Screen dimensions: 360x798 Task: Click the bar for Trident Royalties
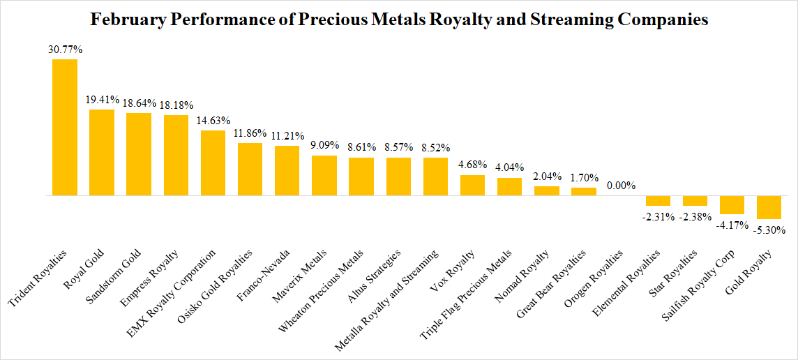pyautogui.click(x=65, y=127)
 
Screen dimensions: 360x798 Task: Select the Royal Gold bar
pyautogui.click(x=102, y=152)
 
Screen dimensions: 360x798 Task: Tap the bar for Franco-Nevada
pyautogui.click(x=287, y=170)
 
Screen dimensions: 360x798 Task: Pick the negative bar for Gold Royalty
pyautogui.click(x=769, y=207)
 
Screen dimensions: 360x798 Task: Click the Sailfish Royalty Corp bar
pyautogui.click(x=732, y=205)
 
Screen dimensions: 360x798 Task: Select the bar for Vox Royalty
pyautogui.click(x=472, y=186)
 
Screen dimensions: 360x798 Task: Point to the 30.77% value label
pyautogui.click(x=65, y=50)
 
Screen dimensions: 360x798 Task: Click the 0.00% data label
pyautogui.click(x=621, y=186)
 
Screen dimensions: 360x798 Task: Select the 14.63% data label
pyautogui.click(x=213, y=121)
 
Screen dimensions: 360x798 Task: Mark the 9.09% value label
pyautogui.click(x=324, y=146)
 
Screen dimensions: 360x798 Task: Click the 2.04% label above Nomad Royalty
pyautogui.click(x=547, y=177)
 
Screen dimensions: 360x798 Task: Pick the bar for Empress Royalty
pyautogui.click(x=176, y=155)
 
